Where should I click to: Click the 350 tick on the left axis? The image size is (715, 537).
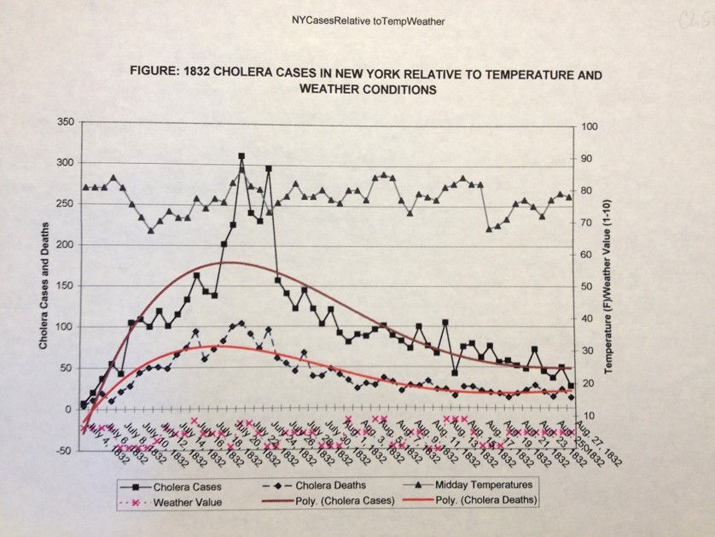pos(65,122)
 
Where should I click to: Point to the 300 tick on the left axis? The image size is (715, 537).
pos(65,163)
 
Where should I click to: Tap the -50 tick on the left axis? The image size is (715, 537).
pos(63,451)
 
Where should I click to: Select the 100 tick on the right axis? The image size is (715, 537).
pos(590,126)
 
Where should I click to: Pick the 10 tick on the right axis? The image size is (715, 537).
pos(588,416)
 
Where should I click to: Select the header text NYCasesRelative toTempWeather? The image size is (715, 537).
pos(357,20)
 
